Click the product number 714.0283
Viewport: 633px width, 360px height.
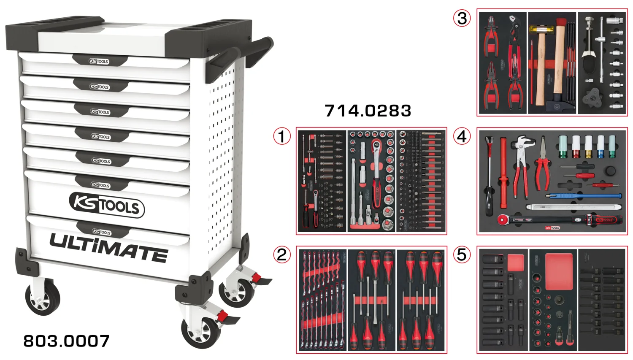tap(368, 111)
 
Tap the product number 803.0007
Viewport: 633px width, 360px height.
tap(66, 341)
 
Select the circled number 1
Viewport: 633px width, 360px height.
tap(282, 136)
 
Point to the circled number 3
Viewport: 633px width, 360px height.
tap(462, 18)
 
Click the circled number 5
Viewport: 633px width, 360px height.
tap(462, 255)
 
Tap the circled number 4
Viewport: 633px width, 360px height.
tap(462, 136)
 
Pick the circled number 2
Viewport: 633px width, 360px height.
tap(282, 255)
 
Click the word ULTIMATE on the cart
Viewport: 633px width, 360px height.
tap(109, 248)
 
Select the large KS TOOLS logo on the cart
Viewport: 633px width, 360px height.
tap(107, 205)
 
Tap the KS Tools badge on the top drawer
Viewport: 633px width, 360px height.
tap(99, 61)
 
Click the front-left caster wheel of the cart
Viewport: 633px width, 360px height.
tap(42, 298)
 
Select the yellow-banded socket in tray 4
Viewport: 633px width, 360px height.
tap(588, 146)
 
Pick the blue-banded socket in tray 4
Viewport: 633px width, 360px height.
tap(600, 146)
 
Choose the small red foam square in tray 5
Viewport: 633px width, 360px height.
tap(515, 263)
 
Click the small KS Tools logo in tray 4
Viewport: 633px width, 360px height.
tap(552, 228)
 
